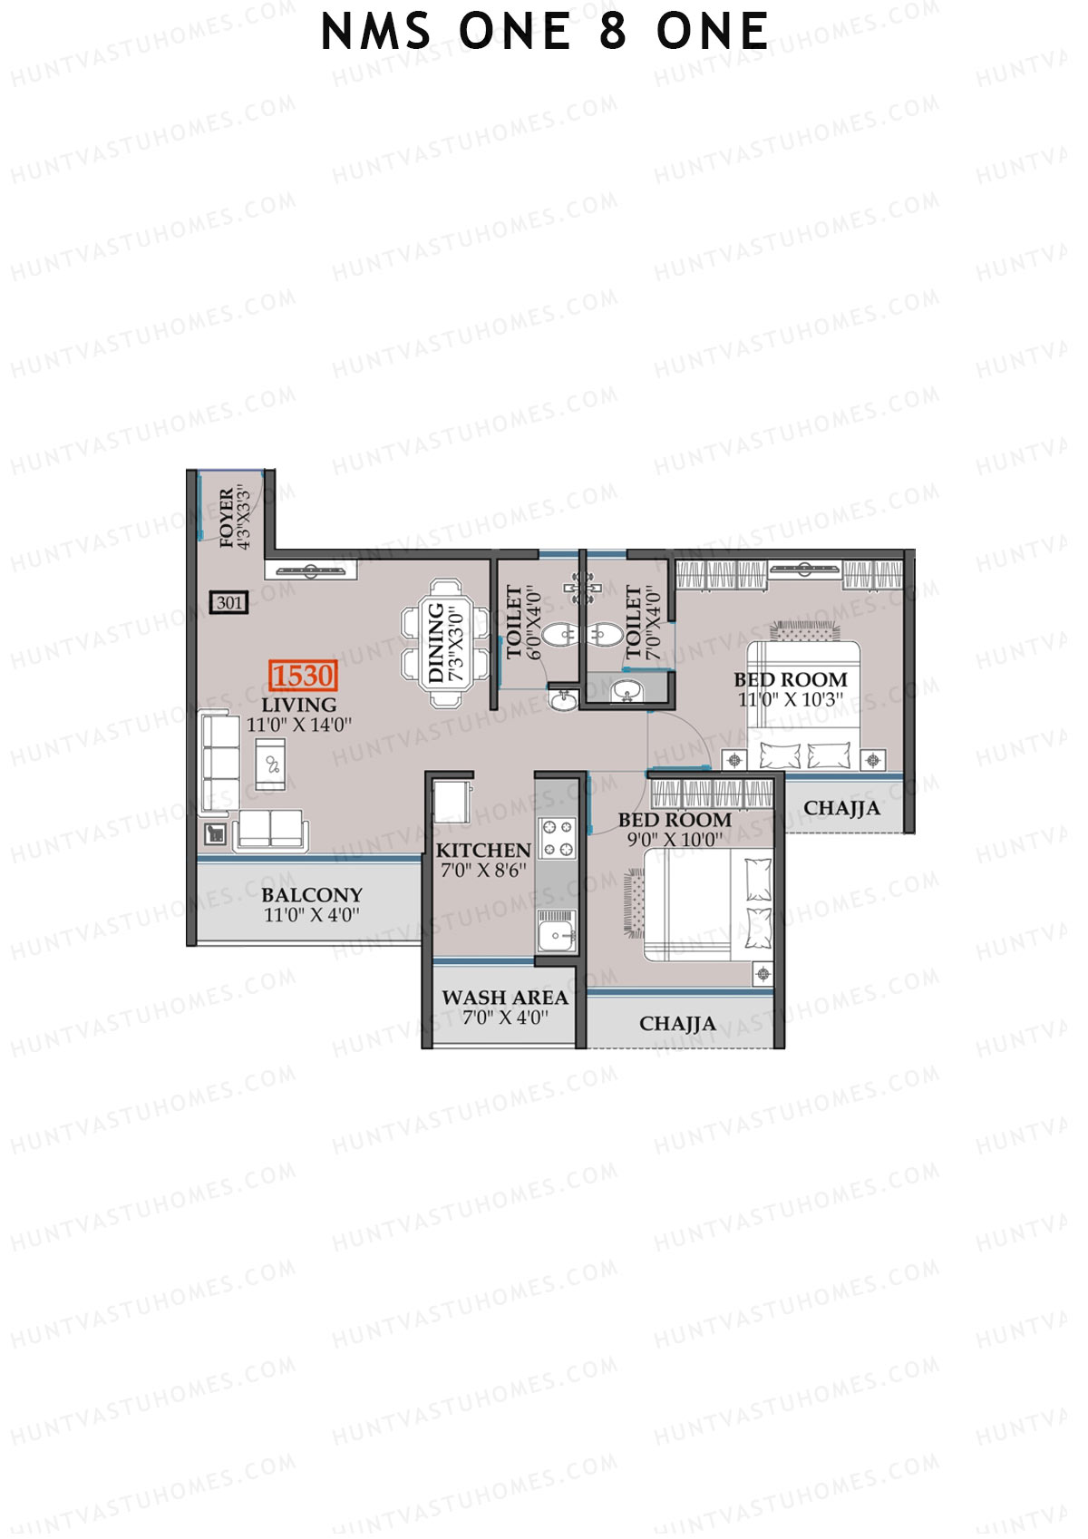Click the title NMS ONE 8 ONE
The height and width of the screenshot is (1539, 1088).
[545, 33]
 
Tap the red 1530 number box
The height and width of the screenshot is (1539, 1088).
[303, 676]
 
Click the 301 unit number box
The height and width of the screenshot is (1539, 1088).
[229, 602]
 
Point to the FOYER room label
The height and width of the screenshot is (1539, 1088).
[226, 518]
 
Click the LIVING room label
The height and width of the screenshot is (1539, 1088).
[299, 705]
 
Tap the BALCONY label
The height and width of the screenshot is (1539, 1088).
[311, 895]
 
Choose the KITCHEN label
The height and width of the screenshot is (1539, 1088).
[482, 851]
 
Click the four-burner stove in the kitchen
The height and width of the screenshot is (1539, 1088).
[557, 838]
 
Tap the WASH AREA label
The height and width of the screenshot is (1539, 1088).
[505, 998]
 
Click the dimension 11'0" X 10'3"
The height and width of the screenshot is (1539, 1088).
[790, 699]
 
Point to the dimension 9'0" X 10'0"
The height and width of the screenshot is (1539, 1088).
[675, 839]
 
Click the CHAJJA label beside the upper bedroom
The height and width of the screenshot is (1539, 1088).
[841, 808]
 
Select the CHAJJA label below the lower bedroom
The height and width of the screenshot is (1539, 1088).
[677, 1024]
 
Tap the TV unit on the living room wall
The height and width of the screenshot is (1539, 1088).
[311, 570]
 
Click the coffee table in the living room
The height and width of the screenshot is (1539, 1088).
[270, 765]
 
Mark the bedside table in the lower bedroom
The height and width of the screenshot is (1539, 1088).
[763, 974]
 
